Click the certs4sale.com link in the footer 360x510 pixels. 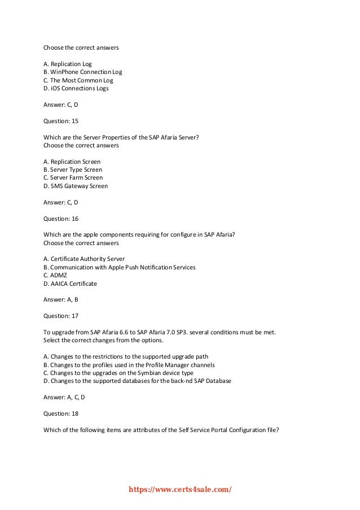[181, 490]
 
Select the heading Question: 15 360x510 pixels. [60, 120]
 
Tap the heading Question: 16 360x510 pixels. [60, 218]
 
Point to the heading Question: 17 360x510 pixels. [60, 316]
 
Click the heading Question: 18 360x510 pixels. [60, 413]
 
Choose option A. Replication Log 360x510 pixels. [67, 64]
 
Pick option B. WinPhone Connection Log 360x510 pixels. [82, 72]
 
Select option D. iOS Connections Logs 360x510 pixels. [76, 89]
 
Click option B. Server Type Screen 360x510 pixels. [73, 169]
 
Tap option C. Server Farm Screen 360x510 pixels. [73, 177]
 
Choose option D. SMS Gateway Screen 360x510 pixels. [76, 186]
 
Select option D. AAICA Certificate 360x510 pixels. [70, 284]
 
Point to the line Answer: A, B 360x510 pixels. [60, 299]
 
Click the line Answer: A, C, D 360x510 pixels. [64, 397]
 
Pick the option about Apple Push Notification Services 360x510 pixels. [120, 267]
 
